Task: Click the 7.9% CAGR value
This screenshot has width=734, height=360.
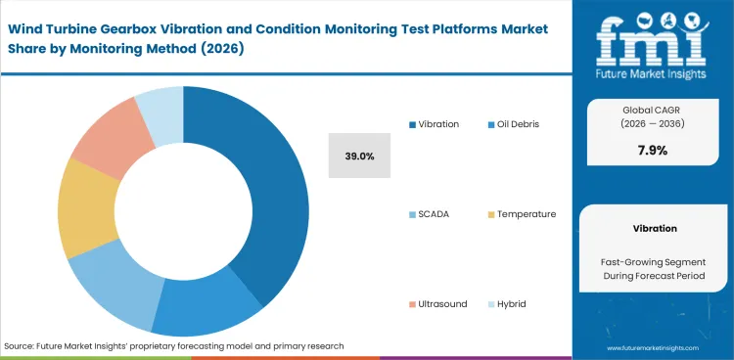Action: (655, 149)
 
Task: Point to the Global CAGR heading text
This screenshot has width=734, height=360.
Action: (655, 111)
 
